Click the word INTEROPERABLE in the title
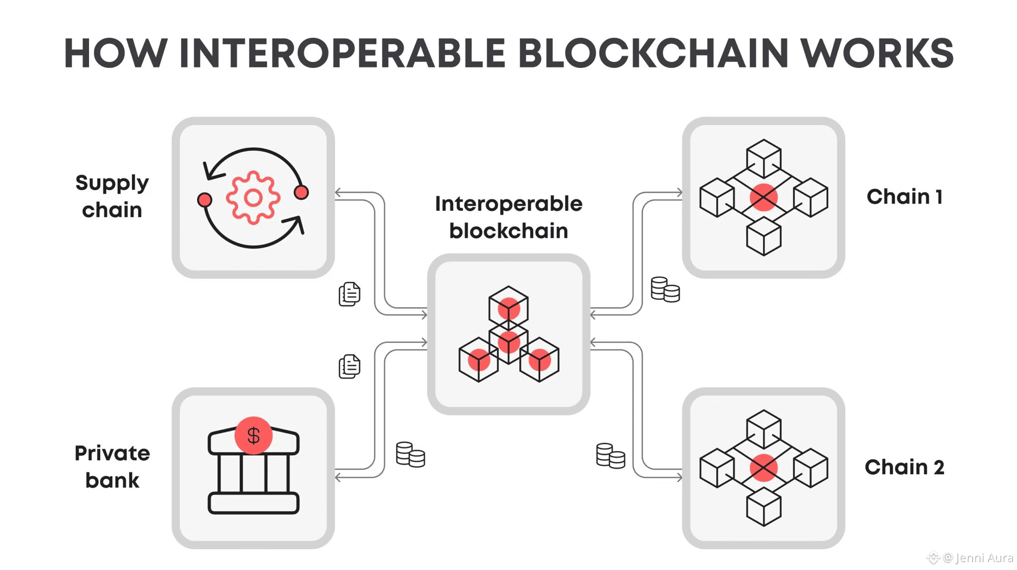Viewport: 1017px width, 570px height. pyautogui.click(x=342, y=53)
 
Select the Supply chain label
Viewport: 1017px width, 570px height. pyautogui.click(x=112, y=196)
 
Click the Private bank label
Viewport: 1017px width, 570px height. pyautogui.click(x=112, y=467)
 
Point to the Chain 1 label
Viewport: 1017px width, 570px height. pyautogui.click(x=904, y=197)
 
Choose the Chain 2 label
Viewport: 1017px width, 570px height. pyautogui.click(x=904, y=467)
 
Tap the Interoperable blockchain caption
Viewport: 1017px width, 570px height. pyautogui.click(x=508, y=217)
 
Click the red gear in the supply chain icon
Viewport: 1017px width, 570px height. pyautogui.click(x=253, y=198)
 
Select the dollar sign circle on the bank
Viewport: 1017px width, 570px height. pyautogui.click(x=253, y=436)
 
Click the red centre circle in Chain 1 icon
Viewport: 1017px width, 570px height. pyautogui.click(x=763, y=197)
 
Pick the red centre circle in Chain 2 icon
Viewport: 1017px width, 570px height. pyautogui.click(x=763, y=468)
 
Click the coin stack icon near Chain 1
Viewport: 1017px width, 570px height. pyautogui.click(x=665, y=289)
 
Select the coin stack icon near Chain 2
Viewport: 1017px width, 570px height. pyautogui.click(x=610, y=455)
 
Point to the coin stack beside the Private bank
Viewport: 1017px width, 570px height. pyautogui.click(x=410, y=454)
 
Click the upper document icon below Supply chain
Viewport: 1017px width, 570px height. pyautogui.click(x=350, y=294)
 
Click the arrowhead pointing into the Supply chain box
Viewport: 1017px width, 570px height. pyautogui.click(x=338, y=192)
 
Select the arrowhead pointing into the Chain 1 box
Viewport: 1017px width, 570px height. pyautogui.click(x=679, y=192)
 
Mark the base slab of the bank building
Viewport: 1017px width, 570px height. pyautogui.click(x=253, y=503)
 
